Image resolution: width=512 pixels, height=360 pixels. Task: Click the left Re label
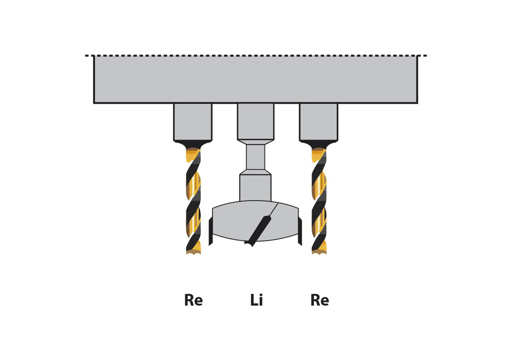193,300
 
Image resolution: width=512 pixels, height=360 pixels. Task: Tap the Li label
256,300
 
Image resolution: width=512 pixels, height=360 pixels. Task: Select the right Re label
320,300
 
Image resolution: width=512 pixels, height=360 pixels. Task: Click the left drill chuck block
193,122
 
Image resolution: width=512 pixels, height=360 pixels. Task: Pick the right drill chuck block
318,122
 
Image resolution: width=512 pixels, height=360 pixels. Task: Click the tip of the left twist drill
193,254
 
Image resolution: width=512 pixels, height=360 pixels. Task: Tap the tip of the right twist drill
319,254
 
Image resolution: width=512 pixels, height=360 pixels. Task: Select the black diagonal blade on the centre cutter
258,231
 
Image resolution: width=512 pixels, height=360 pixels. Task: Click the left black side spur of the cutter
211,231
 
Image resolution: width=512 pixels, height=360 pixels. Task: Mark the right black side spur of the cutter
300,231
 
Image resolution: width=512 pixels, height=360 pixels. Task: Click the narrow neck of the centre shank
256,157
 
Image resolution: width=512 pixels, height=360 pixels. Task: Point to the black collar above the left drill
193,144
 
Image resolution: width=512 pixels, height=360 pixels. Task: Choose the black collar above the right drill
319,144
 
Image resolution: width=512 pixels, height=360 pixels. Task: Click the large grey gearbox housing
256,79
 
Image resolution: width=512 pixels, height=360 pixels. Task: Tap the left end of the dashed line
86,56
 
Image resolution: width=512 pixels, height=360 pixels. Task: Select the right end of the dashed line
426,56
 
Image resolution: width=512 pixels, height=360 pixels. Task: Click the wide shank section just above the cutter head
255,188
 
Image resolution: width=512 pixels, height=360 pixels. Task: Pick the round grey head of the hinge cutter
255,221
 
